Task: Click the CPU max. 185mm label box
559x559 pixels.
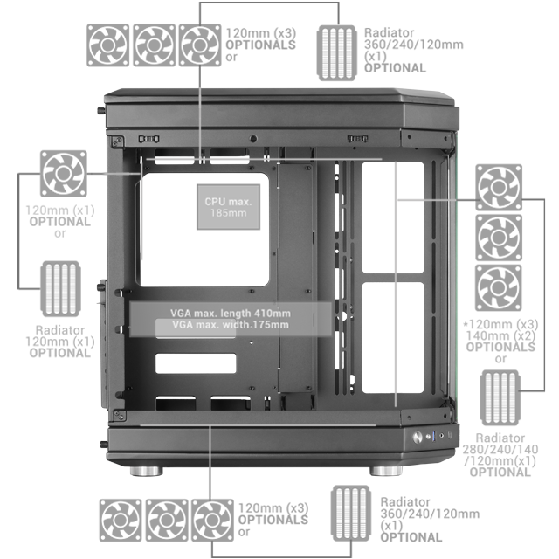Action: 227,207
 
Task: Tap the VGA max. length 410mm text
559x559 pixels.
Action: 231,314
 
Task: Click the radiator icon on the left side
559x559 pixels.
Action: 61,289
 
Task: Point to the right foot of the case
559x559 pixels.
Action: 387,470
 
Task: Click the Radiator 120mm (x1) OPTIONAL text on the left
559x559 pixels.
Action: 60,342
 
